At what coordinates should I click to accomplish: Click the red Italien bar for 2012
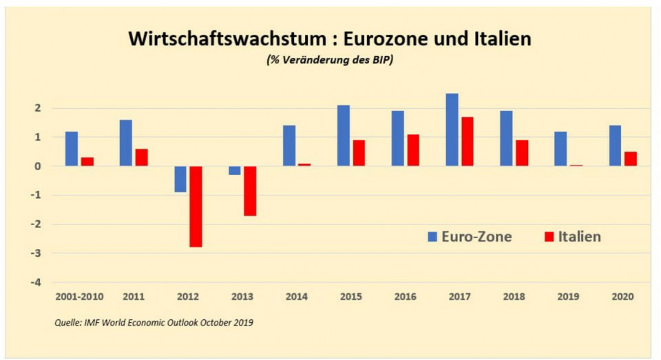pos(196,207)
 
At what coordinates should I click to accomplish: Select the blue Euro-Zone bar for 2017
pos(452,129)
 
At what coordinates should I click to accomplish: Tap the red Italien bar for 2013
pos(249,191)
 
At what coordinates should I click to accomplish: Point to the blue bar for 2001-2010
pos(72,149)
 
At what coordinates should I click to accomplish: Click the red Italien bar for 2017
pos(468,141)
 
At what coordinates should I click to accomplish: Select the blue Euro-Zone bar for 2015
pos(343,136)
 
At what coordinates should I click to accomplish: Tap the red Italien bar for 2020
pos(631,158)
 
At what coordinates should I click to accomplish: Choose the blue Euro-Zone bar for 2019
pos(560,149)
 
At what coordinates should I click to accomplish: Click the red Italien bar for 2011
pos(141,157)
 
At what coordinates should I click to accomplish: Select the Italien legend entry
pos(572,237)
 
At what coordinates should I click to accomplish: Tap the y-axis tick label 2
pos(39,109)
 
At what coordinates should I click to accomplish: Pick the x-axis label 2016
pos(404,297)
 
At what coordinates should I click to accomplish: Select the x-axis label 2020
pos(622,297)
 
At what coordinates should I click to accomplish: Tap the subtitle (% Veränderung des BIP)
pos(330,60)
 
